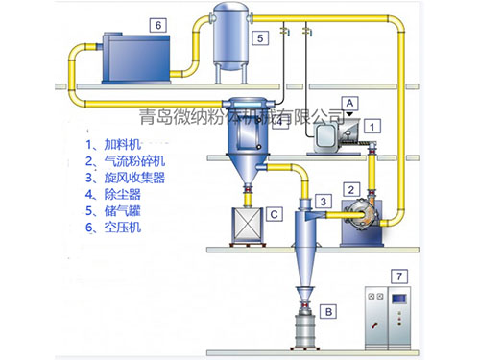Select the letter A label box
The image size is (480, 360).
pos(351,101)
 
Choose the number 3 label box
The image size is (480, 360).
pos(325,201)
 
